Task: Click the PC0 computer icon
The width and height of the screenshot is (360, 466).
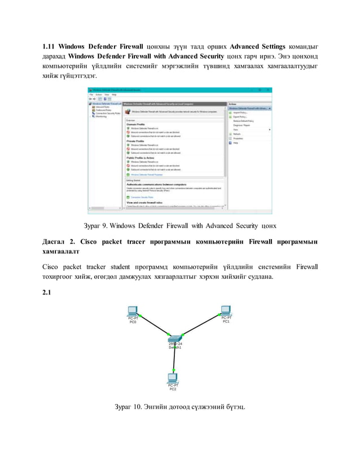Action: click(132, 310)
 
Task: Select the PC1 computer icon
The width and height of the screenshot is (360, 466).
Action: click(226, 310)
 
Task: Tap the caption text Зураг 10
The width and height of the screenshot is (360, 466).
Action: click(129, 407)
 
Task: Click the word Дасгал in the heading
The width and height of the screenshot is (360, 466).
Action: click(56, 241)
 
